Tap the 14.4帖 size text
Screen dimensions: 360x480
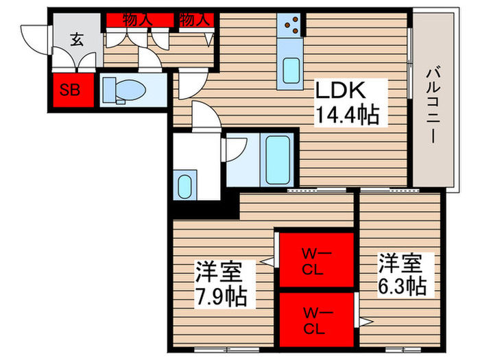[346, 115]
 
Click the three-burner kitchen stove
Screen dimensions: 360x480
[291, 25]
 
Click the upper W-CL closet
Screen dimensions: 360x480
[316, 261]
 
